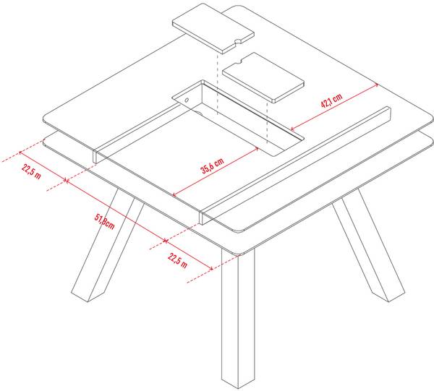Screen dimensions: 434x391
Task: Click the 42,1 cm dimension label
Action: pos(331,100)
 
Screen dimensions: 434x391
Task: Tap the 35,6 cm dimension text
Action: pos(212,166)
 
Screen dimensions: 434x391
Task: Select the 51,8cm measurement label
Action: pos(105,221)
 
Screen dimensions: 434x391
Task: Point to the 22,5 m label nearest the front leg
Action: pos(177,260)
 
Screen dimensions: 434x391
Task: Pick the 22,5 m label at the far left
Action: pos(31,172)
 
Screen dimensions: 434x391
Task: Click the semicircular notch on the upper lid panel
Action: pos(237,42)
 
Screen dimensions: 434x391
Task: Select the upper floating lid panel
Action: pos(213,28)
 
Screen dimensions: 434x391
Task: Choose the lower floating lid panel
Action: pos(263,78)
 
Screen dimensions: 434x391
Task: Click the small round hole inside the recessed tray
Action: pos(187,100)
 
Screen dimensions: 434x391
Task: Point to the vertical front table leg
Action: pos(237,318)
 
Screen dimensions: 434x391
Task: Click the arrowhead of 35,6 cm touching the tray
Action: pos(256,150)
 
